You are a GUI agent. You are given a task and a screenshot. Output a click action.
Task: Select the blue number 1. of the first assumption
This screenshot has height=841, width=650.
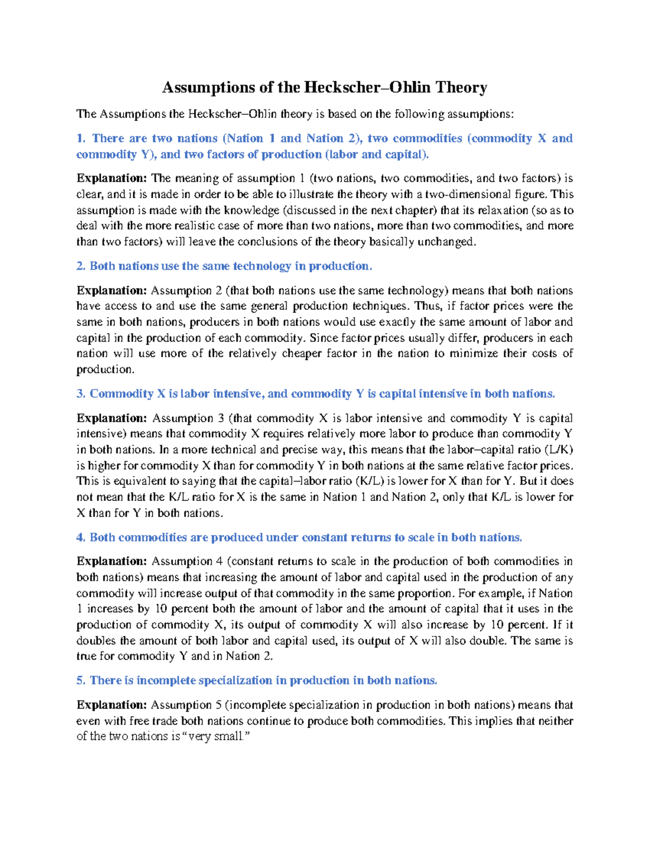tap(81, 138)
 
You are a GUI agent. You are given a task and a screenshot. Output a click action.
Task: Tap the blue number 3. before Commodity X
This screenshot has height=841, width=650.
tap(81, 394)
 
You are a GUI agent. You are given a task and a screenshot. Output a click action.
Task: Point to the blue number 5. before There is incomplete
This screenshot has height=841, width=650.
tap(81, 680)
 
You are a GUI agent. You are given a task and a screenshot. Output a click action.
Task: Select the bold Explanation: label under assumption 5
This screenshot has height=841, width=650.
tap(112, 705)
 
